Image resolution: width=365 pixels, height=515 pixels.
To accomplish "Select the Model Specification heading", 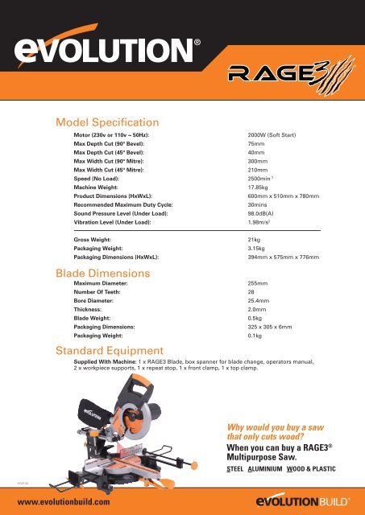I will [106, 122].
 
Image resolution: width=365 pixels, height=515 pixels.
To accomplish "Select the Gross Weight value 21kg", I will [255, 240].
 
